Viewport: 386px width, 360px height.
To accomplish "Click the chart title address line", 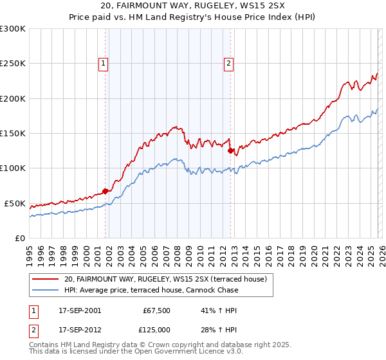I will click(x=193, y=6).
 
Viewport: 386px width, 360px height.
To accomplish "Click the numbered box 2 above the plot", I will click(x=229, y=63).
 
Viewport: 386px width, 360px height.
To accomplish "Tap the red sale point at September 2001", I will click(x=105, y=190).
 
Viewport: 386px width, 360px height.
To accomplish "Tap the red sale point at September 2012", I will click(x=230, y=150).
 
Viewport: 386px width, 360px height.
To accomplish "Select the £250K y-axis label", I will click(x=13, y=64).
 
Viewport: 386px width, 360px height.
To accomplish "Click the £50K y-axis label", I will click(x=15, y=203).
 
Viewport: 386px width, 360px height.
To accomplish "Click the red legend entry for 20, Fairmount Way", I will click(x=169, y=279).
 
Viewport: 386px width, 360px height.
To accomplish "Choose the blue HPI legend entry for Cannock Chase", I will click(x=151, y=290).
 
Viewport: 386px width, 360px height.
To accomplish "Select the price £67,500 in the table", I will click(x=156, y=310).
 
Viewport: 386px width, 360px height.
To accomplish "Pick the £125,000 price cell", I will click(x=156, y=329).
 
